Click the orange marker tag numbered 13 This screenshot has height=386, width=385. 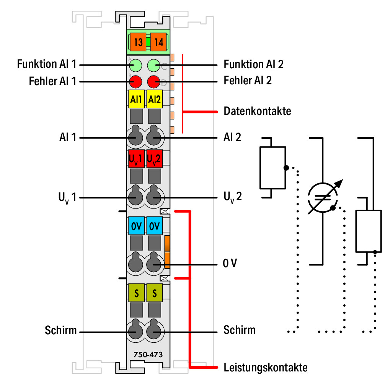[x=138, y=42]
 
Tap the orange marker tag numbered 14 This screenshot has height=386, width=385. [x=158, y=42]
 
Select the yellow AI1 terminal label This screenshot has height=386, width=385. [x=137, y=99]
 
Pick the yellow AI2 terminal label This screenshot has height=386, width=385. [x=154, y=99]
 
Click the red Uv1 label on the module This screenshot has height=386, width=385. [x=137, y=159]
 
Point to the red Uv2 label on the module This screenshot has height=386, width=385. [x=154, y=159]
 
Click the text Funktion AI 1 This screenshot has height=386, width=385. [x=47, y=64]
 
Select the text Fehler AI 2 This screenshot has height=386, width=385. [x=248, y=80]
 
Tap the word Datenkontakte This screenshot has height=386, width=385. [x=258, y=111]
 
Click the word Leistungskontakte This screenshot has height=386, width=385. [x=266, y=368]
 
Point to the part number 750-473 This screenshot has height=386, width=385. [x=148, y=355]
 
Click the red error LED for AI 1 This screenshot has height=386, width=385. [x=136, y=82]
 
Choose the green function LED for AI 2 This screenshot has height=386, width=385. [x=154, y=66]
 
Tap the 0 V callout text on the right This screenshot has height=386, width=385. [x=230, y=263]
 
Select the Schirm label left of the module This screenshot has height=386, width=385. [x=61, y=330]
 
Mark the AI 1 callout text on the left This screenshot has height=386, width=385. [x=68, y=137]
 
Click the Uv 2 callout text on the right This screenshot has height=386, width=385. [x=233, y=197]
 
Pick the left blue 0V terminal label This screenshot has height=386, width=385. [x=137, y=226]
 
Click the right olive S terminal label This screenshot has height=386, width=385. [x=154, y=293]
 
